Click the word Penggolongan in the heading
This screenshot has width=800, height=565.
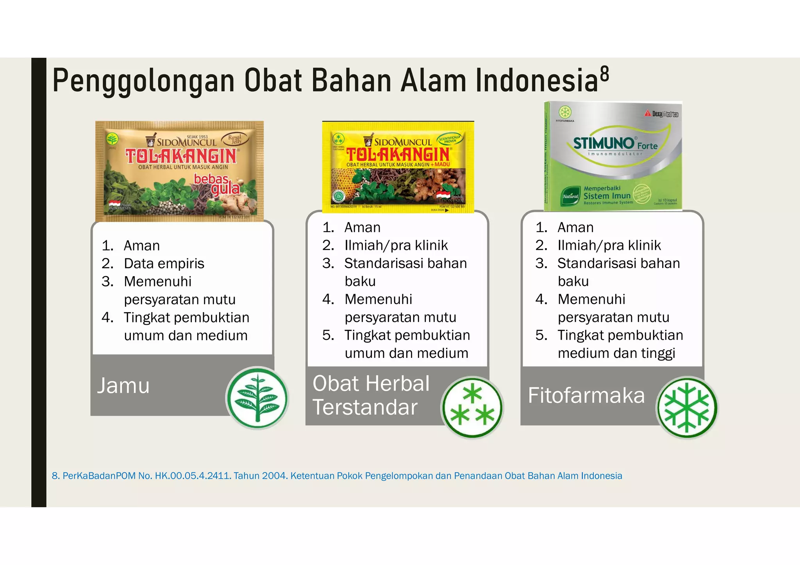(x=143, y=81)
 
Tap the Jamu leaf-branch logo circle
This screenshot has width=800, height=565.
(x=257, y=398)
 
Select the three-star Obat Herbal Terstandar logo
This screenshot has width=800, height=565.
(x=472, y=408)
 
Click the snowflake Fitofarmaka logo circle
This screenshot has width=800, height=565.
(x=687, y=408)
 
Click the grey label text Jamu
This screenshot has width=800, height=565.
(x=123, y=386)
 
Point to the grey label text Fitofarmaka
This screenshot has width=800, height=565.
(x=586, y=395)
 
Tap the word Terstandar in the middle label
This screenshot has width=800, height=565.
(x=365, y=407)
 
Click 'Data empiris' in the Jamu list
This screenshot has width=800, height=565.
(x=164, y=263)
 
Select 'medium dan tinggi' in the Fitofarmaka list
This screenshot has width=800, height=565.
(x=616, y=353)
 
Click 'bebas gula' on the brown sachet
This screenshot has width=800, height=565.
(x=217, y=184)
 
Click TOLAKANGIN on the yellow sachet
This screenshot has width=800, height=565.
(x=398, y=155)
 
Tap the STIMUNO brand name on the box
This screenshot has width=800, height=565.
(x=604, y=143)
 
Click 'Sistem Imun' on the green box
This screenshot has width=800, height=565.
(x=607, y=196)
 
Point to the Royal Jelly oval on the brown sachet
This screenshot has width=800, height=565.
(x=235, y=139)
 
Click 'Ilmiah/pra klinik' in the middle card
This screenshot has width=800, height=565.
(x=396, y=245)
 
